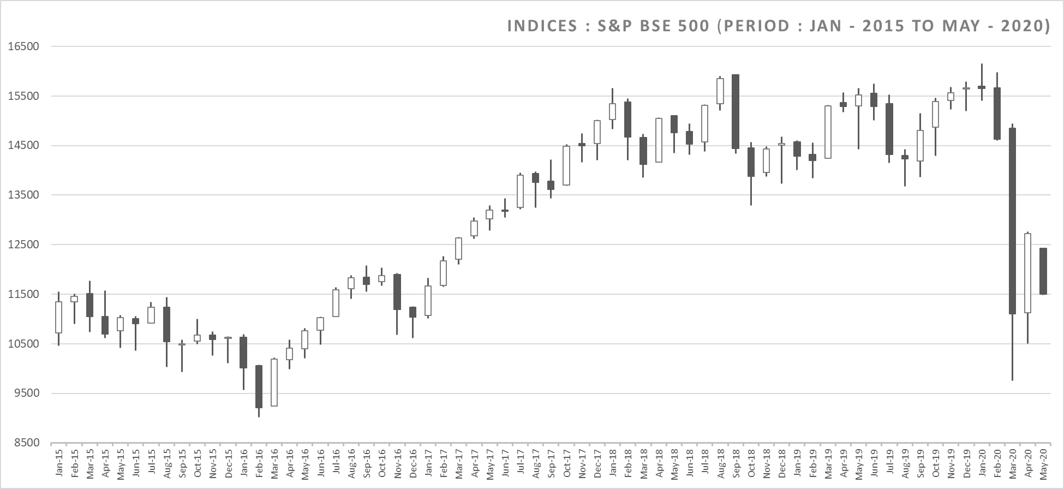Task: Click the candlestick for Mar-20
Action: [1012, 221]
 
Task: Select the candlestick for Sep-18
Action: [735, 111]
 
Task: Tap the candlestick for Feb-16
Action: [259, 386]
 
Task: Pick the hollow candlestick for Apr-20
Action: [1027, 273]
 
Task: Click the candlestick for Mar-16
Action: [274, 382]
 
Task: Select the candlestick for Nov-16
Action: [397, 292]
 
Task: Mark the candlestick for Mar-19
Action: [828, 132]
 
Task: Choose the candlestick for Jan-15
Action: [58, 317]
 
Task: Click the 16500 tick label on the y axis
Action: [24, 46]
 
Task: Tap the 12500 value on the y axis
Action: [24, 244]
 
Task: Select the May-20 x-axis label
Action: [1043, 463]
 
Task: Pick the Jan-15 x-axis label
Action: [59, 463]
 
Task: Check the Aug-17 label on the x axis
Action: [536, 463]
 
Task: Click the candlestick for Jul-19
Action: [889, 129]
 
